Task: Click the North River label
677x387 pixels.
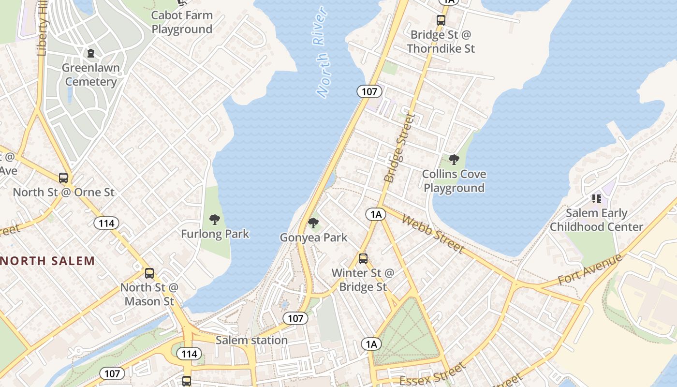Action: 321,52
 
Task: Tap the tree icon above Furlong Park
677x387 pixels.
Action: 215,220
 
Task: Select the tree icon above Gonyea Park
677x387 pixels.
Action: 313,223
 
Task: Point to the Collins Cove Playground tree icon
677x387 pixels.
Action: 454,160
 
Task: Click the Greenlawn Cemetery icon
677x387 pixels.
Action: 90,53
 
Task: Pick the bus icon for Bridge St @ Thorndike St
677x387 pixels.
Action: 441,20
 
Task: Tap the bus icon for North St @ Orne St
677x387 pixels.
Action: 63,178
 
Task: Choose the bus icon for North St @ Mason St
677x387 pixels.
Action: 149,273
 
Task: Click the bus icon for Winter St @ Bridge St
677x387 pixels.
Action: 363,259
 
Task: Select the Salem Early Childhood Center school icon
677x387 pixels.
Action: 596,199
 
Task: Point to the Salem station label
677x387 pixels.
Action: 251,340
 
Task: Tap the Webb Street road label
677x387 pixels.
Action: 433,234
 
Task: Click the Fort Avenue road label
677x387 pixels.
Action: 590,269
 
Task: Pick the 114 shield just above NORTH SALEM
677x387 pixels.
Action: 106,223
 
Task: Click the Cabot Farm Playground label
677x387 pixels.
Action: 182,22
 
